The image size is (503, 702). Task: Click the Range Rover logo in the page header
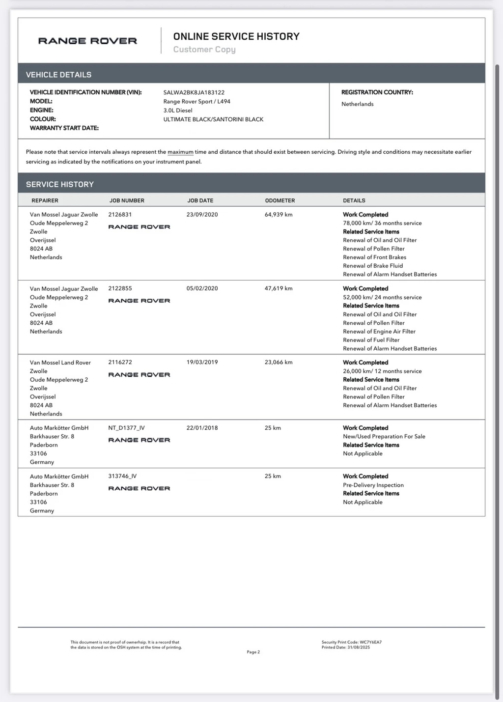click(87, 41)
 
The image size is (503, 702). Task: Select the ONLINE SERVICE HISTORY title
click(236, 36)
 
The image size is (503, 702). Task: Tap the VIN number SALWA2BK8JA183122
click(194, 92)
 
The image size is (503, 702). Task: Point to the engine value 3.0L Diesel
click(178, 111)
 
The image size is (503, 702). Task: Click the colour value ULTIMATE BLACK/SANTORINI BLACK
click(213, 119)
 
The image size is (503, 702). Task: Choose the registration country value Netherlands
click(357, 104)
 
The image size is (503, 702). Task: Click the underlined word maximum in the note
click(180, 152)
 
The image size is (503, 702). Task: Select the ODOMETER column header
click(280, 200)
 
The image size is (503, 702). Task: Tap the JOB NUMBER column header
click(127, 200)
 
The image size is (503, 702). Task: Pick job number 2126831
click(120, 215)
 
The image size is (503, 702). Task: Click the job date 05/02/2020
click(202, 288)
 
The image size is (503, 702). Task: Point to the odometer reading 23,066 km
click(279, 363)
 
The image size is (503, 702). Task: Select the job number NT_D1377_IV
click(126, 428)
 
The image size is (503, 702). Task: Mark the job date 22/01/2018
click(202, 428)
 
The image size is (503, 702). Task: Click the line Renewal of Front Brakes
click(374, 257)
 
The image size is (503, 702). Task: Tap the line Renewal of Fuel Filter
click(371, 340)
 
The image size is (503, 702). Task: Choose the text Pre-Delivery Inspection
click(373, 485)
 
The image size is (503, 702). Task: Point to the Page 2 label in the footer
click(253, 652)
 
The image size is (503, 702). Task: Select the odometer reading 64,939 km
click(279, 215)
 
